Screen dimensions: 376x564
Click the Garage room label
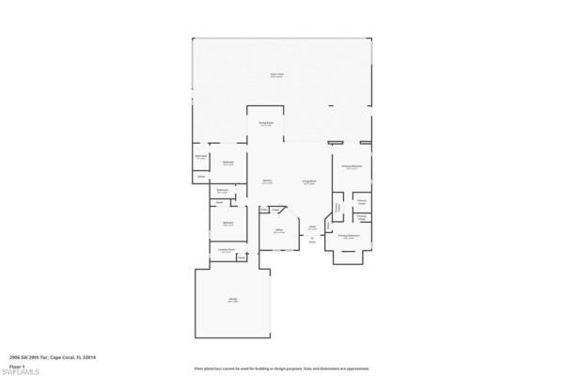tap(231, 300)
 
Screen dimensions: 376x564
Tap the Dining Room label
tap(266, 122)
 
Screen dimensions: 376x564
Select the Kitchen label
tap(268, 181)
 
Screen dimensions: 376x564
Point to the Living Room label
tap(308, 181)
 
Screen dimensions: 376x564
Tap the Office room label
tap(279, 230)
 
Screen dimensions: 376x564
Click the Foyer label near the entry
tap(312, 227)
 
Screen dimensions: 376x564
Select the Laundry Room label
tap(226, 250)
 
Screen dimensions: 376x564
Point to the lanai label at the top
tap(276, 75)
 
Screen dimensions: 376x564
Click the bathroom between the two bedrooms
tap(223, 191)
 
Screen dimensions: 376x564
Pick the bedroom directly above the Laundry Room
tap(227, 224)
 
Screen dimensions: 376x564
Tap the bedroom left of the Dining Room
tap(227, 162)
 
